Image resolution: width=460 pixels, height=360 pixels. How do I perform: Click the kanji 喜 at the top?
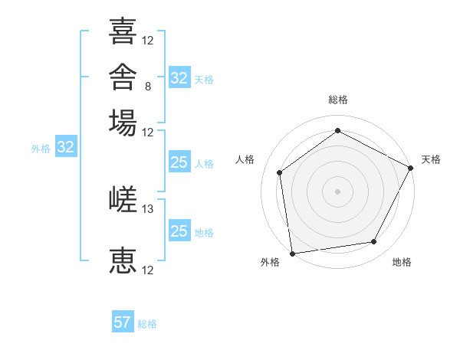123,31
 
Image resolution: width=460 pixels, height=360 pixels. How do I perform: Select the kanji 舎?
123,77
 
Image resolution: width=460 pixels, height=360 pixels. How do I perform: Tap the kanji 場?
123,123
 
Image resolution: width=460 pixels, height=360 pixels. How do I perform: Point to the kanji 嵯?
123,199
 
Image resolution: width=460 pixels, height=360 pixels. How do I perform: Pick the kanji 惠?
123,260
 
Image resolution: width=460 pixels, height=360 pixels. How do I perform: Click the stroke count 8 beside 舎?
148,87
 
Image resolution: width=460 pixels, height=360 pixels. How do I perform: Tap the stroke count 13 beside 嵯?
147,209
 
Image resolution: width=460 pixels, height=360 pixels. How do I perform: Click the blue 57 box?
123,321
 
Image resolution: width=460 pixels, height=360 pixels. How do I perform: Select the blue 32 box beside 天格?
180,77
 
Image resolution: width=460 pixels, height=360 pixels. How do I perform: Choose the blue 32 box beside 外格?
66,146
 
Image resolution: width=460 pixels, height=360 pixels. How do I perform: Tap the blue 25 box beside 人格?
180,162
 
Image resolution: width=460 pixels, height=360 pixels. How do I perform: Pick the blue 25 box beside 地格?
180,230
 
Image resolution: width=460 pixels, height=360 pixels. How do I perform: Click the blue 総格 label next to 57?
147,324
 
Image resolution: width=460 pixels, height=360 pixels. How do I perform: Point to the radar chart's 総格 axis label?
338,100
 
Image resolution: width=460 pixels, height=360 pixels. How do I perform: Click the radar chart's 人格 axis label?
245,159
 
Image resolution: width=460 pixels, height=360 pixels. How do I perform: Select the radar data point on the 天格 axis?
410,168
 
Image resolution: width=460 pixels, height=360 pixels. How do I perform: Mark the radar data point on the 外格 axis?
293,254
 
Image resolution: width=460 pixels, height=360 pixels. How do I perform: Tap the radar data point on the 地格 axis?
374,241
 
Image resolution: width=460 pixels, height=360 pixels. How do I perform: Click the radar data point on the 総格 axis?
337,130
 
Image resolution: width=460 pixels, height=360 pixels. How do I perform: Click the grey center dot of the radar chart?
337,191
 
